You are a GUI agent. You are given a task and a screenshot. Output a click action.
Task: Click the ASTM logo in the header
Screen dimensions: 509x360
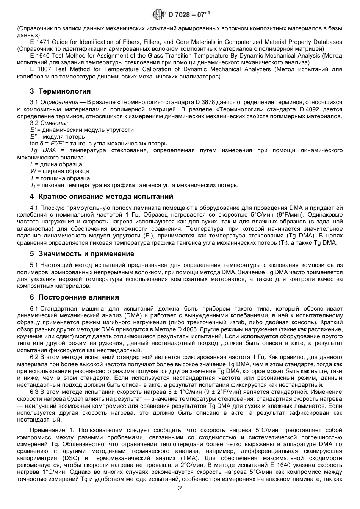(x=158, y=15)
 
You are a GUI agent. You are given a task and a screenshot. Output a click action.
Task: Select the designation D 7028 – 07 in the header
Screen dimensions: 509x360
(x=187, y=15)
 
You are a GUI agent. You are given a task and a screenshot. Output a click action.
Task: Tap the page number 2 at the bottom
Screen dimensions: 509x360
(x=180, y=488)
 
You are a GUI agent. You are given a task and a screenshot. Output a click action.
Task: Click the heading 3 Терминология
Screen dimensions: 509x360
(x=60, y=91)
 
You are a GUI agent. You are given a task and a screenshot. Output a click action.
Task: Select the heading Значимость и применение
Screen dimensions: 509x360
(x=86, y=254)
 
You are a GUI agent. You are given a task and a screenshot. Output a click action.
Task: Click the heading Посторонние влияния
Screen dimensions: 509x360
(x=79, y=297)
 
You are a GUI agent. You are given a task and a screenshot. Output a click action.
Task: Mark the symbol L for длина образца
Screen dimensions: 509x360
(x=32, y=164)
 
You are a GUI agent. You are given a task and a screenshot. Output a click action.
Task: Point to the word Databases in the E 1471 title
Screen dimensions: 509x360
(x=328, y=42)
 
